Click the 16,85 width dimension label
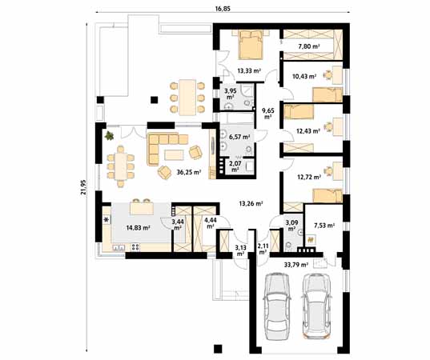click(x=223, y=9)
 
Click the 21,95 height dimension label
click(x=83, y=187)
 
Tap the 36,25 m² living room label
click(x=189, y=172)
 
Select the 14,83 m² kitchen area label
click(x=138, y=227)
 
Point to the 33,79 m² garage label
click(x=296, y=265)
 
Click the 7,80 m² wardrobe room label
click(x=309, y=46)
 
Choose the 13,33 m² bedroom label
click(x=249, y=71)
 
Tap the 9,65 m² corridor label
click(x=268, y=114)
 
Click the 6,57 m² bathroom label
click(x=239, y=137)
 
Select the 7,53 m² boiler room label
click(x=324, y=226)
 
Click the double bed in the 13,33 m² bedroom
click(x=250, y=44)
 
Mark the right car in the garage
click(x=316, y=306)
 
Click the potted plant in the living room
click(x=110, y=135)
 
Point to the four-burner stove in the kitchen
click(x=135, y=247)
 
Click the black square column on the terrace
click(x=155, y=100)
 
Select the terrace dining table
click(x=187, y=98)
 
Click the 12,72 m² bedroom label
click(x=309, y=178)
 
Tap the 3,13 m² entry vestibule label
click(x=240, y=250)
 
